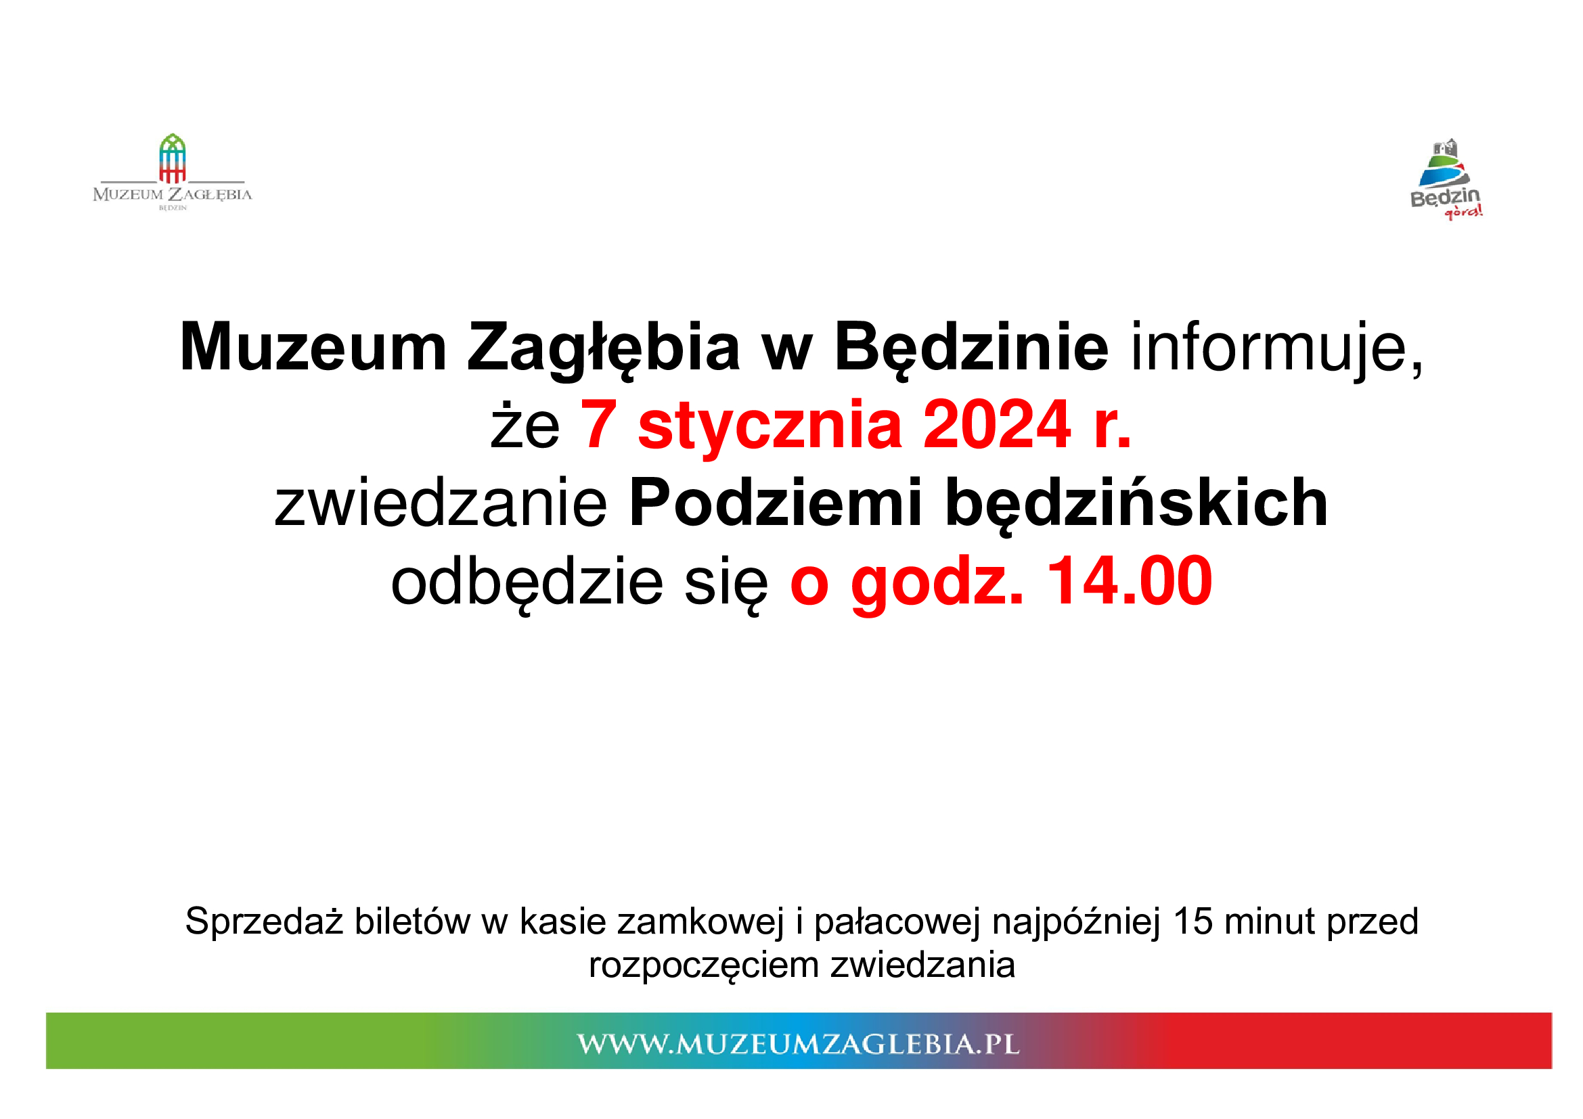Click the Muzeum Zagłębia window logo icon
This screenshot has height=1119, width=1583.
click(173, 158)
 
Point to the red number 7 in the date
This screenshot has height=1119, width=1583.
click(598, 424)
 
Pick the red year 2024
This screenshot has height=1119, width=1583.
click(997, 424)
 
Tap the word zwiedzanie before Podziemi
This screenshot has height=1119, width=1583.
click(441, 503)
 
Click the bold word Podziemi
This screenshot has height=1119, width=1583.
click(776, 503)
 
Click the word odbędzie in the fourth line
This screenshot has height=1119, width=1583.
click(527, 583)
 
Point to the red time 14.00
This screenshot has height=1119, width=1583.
click(1130, 583)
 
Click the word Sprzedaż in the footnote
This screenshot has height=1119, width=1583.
click(265, 922)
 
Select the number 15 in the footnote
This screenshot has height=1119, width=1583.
click(1192, 921)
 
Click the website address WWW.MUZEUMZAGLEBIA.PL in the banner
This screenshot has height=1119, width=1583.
click(799, 1044)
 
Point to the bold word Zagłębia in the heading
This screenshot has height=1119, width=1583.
click(604, 348)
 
